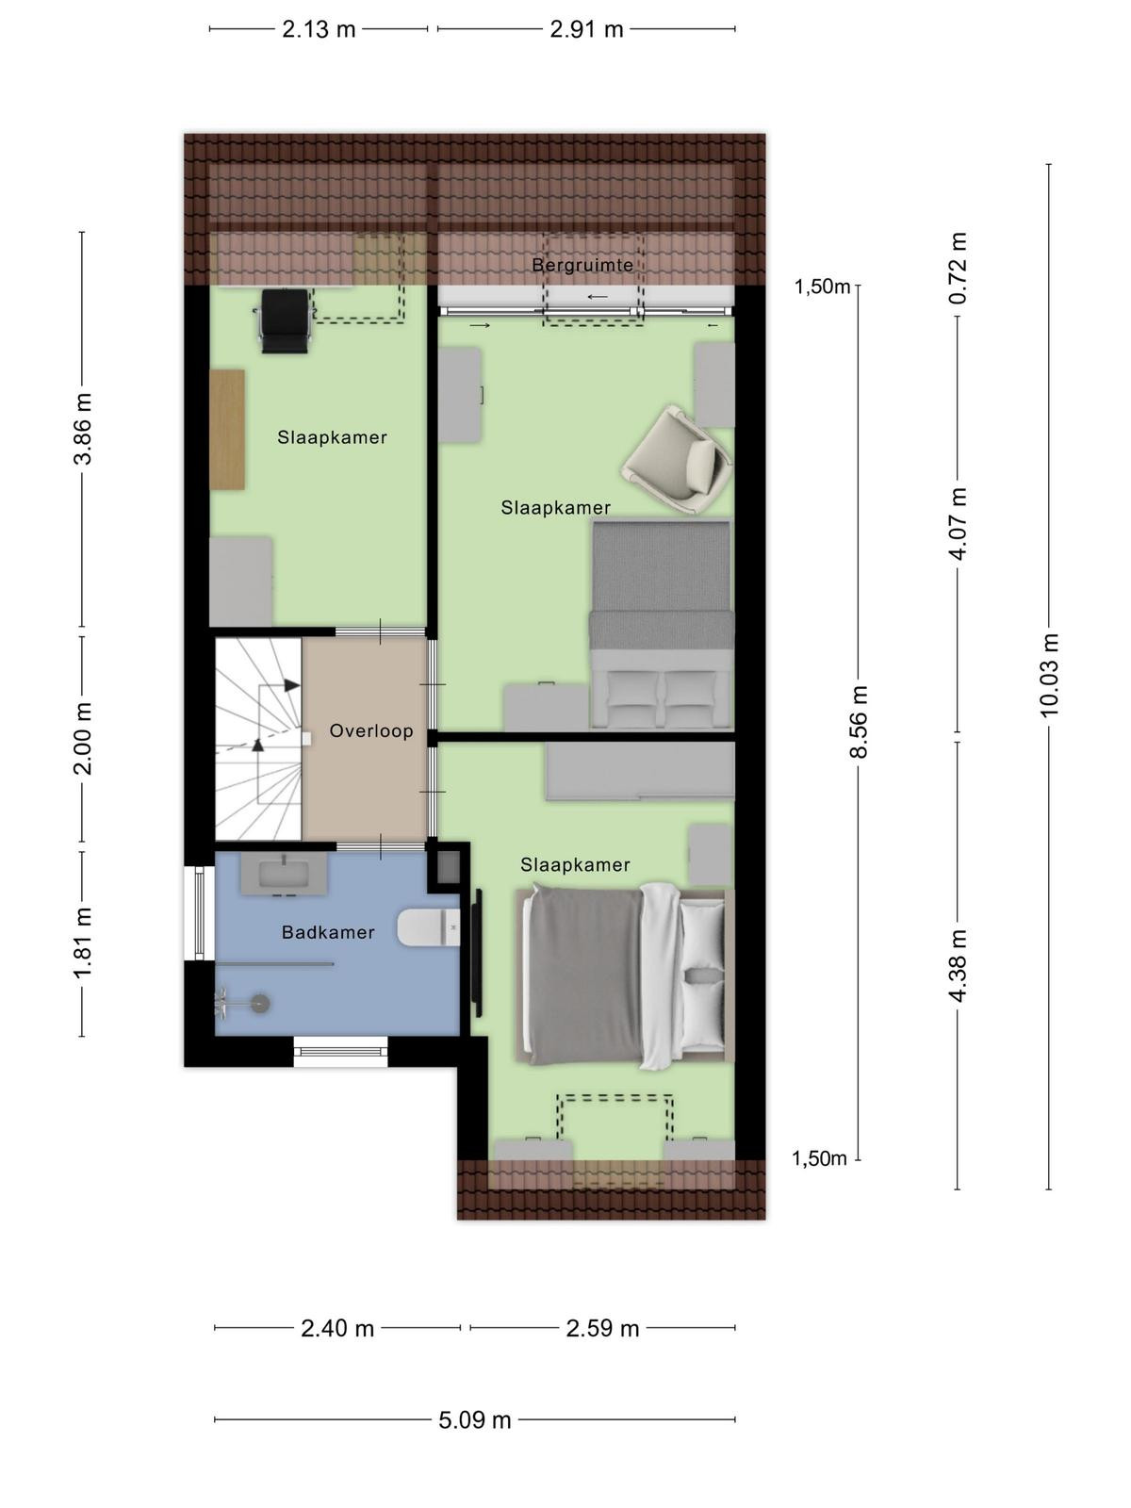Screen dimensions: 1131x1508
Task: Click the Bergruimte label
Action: pos(582,265)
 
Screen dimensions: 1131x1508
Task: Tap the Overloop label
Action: pos(371,730)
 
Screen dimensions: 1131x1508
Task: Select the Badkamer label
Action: pos(328,932)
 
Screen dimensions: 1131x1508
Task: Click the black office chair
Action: pos(285,320)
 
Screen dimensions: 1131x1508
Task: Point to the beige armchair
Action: pos(677,458)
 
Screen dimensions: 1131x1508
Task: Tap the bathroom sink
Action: pos(284,874)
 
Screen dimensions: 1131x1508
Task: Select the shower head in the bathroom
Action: pos(259,1004)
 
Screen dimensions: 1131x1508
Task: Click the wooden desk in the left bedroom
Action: pos(227,430)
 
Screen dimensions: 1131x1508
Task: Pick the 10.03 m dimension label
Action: pos(1049,675)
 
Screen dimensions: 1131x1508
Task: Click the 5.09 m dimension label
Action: pos(474,1419)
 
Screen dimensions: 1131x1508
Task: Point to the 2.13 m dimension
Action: pos(319,29)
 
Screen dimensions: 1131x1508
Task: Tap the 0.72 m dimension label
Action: pos(958,268)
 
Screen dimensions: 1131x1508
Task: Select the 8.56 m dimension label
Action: pos(859,721)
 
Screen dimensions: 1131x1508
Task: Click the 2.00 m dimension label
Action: pos(82,739)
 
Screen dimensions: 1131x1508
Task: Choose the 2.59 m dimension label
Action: pos(602,1328)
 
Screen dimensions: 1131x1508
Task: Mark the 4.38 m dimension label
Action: pos(958,965)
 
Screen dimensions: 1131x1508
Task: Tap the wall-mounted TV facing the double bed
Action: pos(477,952)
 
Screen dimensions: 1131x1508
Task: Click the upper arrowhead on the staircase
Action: pos(292,685)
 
